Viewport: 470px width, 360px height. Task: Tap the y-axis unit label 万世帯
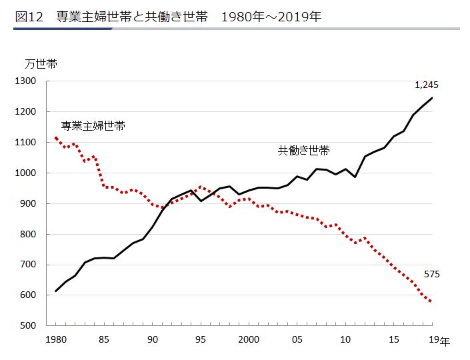tap(41, 64)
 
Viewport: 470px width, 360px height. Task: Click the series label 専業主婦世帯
tap(93, 125)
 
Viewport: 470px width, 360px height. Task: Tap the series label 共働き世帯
tap(303, 151)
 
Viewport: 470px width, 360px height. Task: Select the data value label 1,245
tap(426, 85)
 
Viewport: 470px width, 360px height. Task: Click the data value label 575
tap(431, 274)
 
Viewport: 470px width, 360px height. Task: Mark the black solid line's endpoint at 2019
tap(432, 98)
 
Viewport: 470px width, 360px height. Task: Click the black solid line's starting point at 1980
tap(56, 291)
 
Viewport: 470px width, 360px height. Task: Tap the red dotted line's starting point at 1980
tap(56, 138)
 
